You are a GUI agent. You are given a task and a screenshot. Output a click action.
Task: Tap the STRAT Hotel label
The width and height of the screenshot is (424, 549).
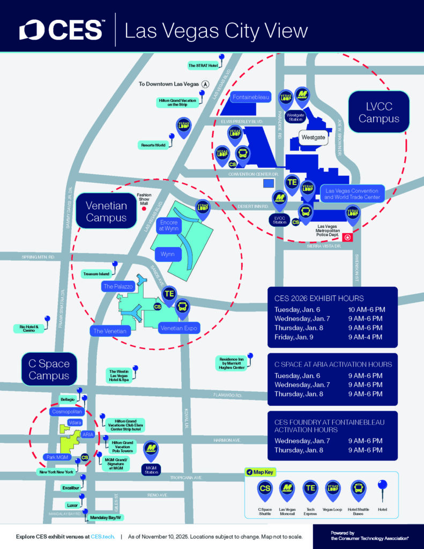coord(203,65)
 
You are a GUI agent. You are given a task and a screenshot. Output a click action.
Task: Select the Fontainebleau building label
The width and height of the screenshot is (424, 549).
coord(251,98)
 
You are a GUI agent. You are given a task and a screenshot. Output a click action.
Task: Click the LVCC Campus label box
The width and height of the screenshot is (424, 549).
coord(379,112)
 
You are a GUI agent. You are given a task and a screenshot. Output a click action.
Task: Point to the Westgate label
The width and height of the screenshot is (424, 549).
coord(313,138)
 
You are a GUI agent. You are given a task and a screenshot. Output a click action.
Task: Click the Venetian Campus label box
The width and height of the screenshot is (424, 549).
coord(106,211)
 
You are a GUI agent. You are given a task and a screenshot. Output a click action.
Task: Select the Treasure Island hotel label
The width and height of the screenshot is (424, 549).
coord(96,274)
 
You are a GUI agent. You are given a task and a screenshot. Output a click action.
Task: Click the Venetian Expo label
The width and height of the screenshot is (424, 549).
coord(179,328)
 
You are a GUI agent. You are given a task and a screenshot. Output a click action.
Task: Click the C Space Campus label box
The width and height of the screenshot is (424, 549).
coord(49,369)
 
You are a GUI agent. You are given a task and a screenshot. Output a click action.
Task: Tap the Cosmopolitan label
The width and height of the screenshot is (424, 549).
coord(67,411)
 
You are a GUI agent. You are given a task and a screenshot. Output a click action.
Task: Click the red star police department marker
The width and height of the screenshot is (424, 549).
coord(348,237)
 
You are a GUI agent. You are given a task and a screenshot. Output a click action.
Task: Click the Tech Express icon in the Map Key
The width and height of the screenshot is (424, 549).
coord(310,488)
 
